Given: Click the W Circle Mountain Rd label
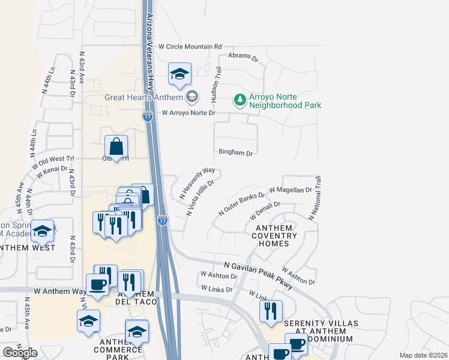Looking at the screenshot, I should [190, 46].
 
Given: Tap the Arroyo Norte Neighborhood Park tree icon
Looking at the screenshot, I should [240, 99].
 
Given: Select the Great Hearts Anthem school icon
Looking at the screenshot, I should [192, 96].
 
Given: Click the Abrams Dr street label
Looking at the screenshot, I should [243, 58].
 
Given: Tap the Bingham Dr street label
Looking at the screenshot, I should [235, 153].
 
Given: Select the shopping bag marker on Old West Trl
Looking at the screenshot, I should [116, 147].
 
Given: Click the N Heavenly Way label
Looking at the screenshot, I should [197, 183].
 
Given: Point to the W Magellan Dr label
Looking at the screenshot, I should [291, 190].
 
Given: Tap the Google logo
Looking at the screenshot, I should [20, 353].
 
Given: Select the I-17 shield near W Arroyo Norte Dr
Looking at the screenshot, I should [148, 116].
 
